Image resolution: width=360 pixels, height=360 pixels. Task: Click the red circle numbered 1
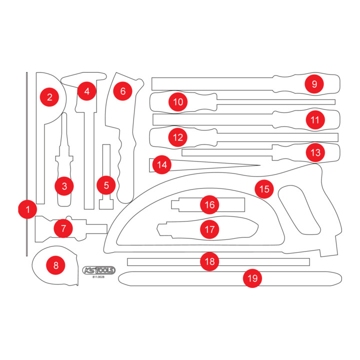pos(27,209)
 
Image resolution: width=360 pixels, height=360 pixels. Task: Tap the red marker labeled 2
pos(49,97)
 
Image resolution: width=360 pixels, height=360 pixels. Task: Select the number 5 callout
pos(106,185)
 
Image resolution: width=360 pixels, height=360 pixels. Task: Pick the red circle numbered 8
pos(56,265)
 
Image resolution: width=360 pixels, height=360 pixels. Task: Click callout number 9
pos(314,84)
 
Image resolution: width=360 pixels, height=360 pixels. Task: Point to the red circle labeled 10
pos(178,102)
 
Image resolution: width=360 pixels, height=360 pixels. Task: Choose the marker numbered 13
pos(315,152)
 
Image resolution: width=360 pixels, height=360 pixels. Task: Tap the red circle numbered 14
pos(162,164)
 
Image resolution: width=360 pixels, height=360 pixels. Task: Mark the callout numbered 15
pos(264,189)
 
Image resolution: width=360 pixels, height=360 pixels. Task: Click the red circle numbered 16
pos(209,204)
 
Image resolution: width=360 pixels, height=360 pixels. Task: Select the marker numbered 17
pos(209,229)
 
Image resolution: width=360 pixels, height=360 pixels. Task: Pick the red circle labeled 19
pos(252,278)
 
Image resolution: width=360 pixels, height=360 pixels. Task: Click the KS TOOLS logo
pos(99,270)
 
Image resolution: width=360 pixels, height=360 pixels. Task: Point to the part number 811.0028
pos(98,277)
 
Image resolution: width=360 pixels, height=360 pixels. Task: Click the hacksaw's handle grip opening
pos(299,210)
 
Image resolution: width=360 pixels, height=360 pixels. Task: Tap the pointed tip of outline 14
pos(260,165)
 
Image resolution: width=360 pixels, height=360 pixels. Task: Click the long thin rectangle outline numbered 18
pos(218,262)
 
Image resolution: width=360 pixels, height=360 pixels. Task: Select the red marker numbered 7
pos(63,228)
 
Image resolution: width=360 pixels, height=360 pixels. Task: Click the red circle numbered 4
pos(87,91)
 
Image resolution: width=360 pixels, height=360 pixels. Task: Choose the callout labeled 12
pos(178,137)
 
